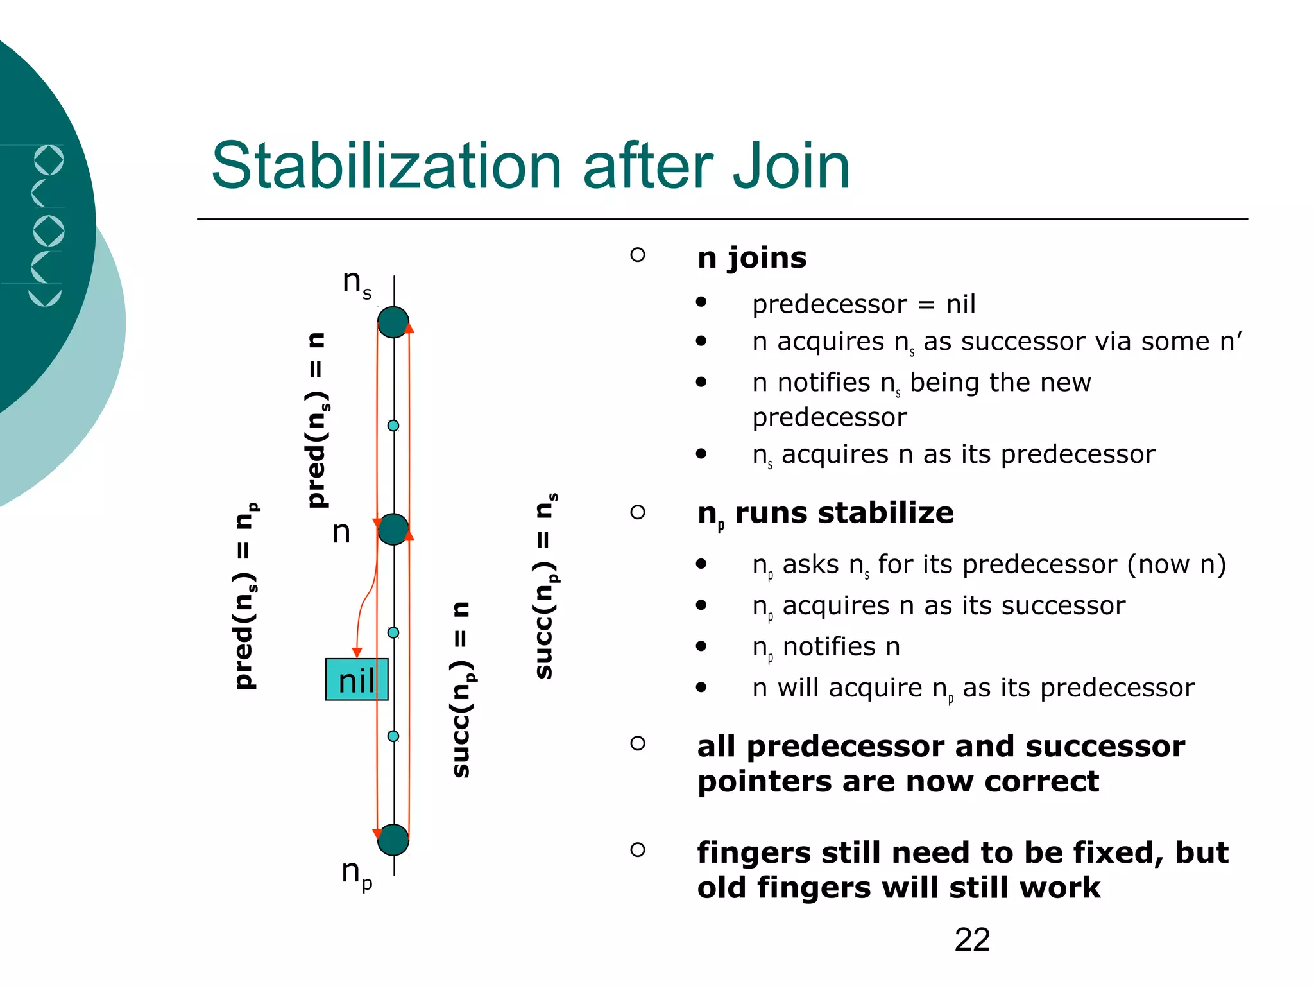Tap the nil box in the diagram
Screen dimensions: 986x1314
pyautogui.click(x=357, y=680)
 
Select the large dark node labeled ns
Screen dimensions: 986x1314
pyautogui.click(x=393, y=322)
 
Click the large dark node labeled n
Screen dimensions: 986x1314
pyautogui.click(x=393, y=530)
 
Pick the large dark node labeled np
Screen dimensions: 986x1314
pyautogui.click(x=393, y=840)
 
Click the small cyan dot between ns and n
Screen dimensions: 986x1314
pyautogui.click(x=393, y=426)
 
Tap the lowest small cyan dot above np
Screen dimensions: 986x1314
pyautogui.click(x=393, y=736)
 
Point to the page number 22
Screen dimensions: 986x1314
pyautogui.click(x=972, y=940)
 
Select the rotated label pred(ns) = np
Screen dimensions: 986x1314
pyautogui.click(x=246, y=596)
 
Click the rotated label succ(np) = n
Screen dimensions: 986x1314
pyautogui.click(x=462, y=690)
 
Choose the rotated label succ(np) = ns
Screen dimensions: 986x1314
pyautogui.click(x=545, y=585)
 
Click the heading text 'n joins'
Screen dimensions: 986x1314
pyautogui.click(x=752, y=258)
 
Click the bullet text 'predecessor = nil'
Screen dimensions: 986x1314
pyautogui.click(x=864, y=304)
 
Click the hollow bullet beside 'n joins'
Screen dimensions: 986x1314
pyautogui.click(x=638, y=255)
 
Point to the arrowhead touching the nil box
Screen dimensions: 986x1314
pyautogui.click(x=357, y=653)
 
